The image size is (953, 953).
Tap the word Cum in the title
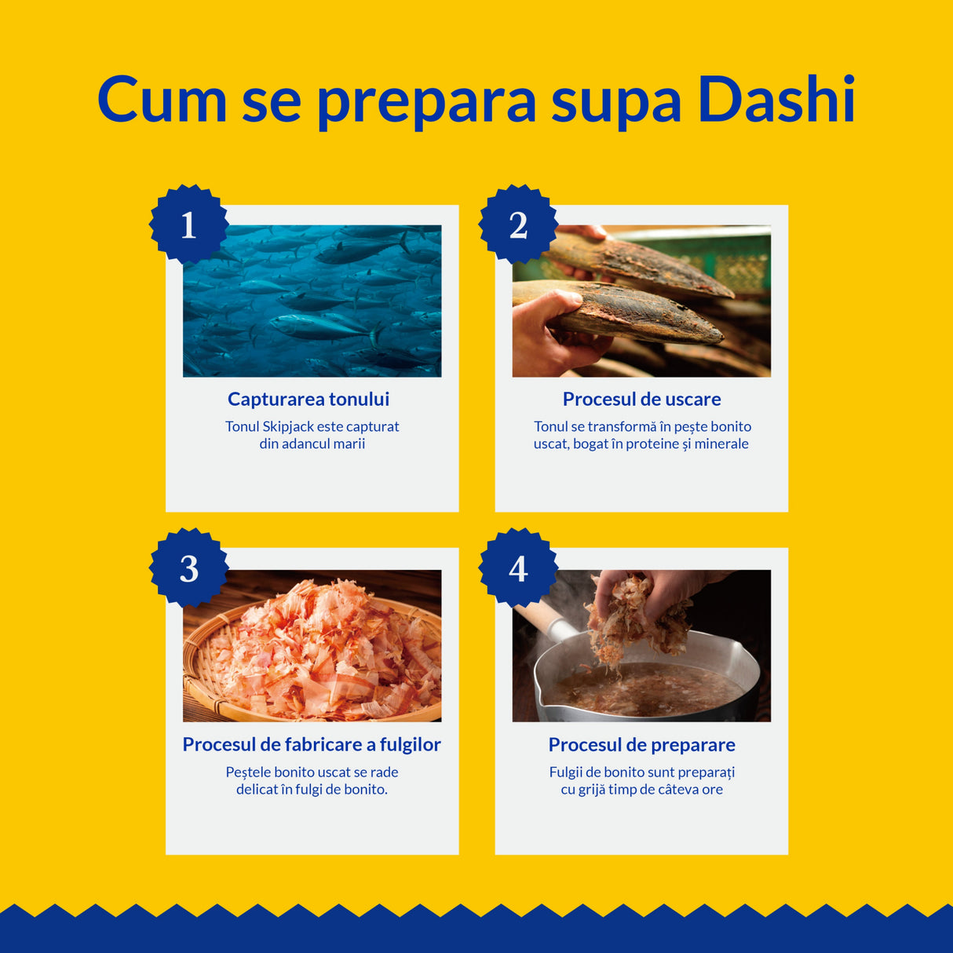(162, 100)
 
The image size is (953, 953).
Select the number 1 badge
(188, 225)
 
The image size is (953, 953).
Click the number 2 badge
(518, 225)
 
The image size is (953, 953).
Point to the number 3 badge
(188, 568)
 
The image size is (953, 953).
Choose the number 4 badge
(518, 568)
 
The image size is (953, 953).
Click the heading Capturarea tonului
(309, 399)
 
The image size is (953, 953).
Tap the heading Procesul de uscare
(641, 399)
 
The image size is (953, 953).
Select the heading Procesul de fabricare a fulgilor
(312, 744)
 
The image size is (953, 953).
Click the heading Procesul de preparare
(641, 744)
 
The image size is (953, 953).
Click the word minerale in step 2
(721, 444)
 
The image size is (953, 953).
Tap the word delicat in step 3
(257, 789)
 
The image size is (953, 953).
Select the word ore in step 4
(712, 789)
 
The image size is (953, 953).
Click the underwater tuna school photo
(312, 301)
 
